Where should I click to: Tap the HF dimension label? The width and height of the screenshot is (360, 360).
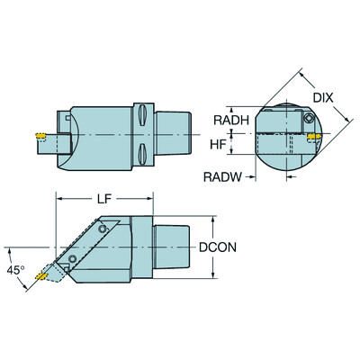(x=216, y=143)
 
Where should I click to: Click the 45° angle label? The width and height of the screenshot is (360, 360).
(x=14, y=269)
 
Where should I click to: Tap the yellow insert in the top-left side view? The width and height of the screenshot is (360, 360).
(x=40, y=137)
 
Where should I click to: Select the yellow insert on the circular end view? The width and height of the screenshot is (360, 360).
(x=314, y=138)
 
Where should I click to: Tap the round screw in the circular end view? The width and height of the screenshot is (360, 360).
(x=307, y=118)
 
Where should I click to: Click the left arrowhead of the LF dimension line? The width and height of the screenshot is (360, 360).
(x=59, y=196)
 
